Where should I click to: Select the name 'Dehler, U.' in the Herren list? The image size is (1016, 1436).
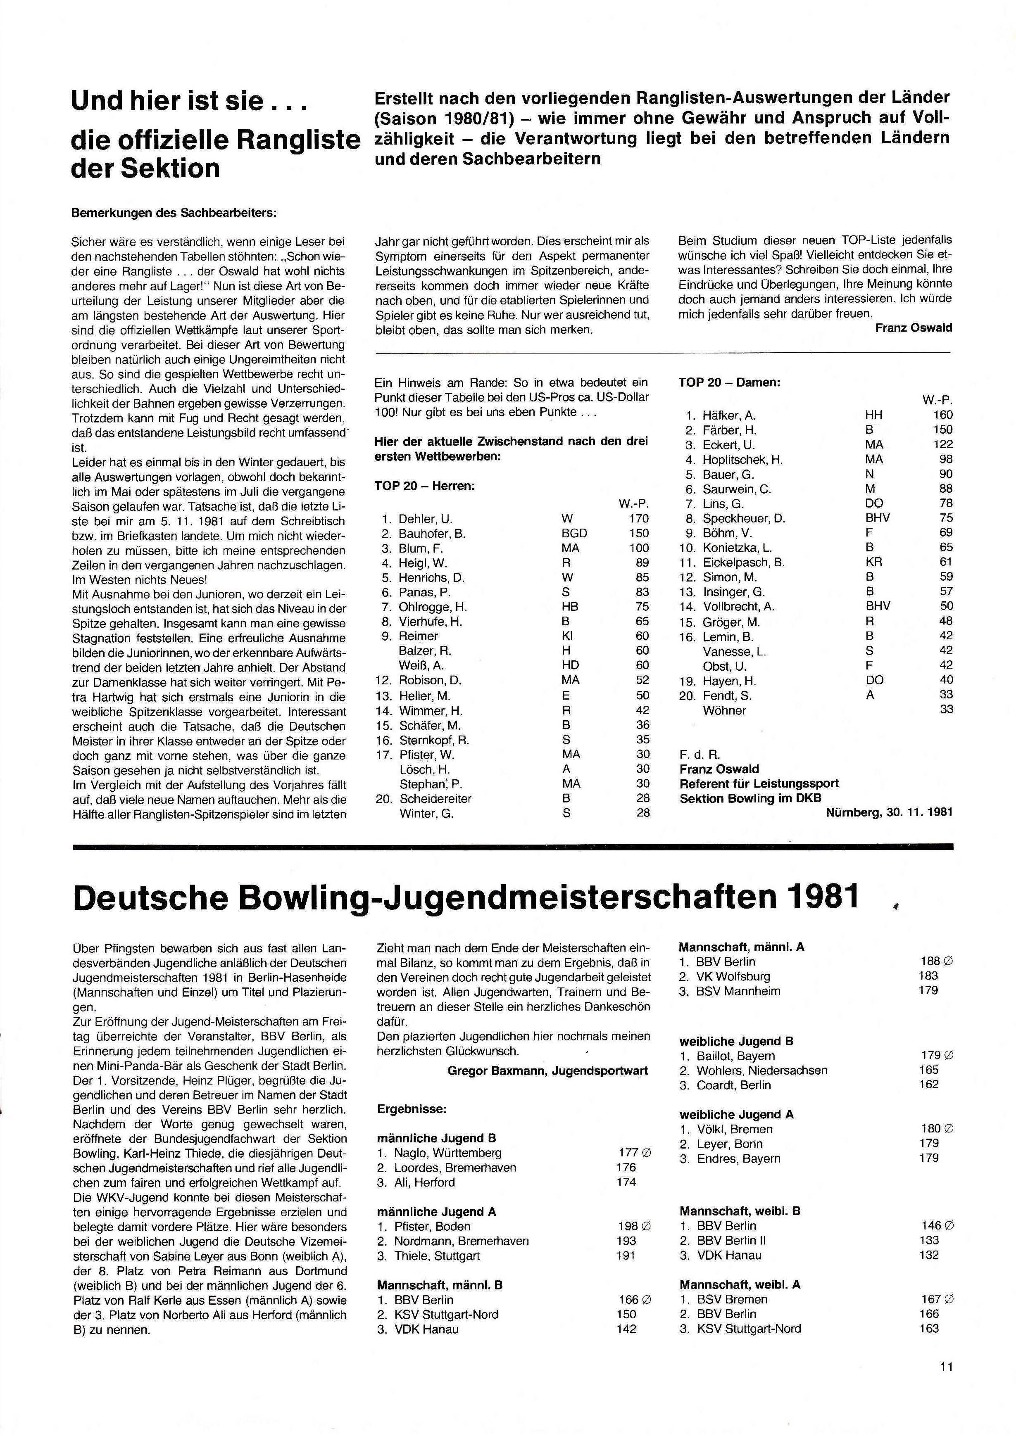[x=426, y=518]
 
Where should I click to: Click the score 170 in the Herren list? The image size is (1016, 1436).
[x=639, y=518]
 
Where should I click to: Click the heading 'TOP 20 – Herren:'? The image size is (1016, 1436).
[x=425, y=486]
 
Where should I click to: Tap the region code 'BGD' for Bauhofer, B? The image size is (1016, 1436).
[x=574, y=534]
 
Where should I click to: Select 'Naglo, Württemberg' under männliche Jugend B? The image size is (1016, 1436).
[x=447, y=1153]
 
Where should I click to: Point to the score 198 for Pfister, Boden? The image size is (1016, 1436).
[x=628, y=1227]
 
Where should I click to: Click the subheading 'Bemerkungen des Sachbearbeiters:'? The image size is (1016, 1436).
[x=174, y=213]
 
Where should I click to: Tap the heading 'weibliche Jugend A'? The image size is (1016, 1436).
[x=736, y=1115]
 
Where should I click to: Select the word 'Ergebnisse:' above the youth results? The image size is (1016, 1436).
[x=412, y=1109]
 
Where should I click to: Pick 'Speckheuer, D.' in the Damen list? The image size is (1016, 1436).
[x=744, y=518]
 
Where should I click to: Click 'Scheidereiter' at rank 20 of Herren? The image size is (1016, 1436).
[x=435, y=799]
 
